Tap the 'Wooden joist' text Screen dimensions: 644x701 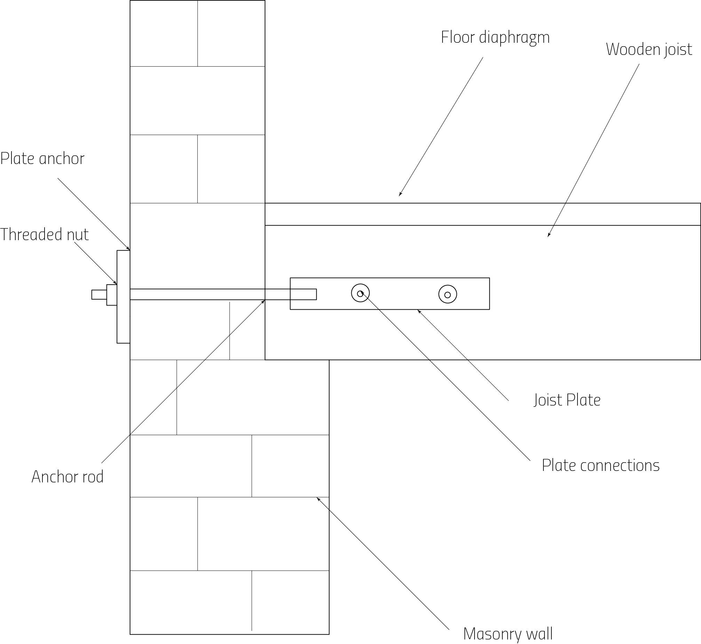pyautogui.click(x=649, y=49)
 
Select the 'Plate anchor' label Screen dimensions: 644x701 pyautogui.click(x=42, y=159)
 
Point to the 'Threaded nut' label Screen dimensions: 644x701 pyautogui.click(x=44, y=235)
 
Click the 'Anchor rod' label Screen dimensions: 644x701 pyautogui.click(x=67, y=477)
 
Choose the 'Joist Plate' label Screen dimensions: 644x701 pyautogui.click(x=567, y=400)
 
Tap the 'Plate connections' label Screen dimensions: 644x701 pyautogui.click(x=600, y=466)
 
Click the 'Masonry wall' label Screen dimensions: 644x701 pyautogui.click(x=508, y=634)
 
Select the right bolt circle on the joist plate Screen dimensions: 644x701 pyautogui.click(x=447, y=294)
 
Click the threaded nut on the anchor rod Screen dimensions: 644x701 pyautogui.click(x=112, y=295)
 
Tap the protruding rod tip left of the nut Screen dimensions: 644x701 pyautogui.click(x=99, y=295)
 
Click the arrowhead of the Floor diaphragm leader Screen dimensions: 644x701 pyautogui.click(x=400, y=195)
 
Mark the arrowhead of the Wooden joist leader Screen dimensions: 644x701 pyautogui.click(x=548, y=236)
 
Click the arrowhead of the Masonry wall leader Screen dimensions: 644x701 pyautogui.click(x=317, y=498)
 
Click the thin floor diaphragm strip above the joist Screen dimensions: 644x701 pyautogui.click(x=483, y=214)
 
